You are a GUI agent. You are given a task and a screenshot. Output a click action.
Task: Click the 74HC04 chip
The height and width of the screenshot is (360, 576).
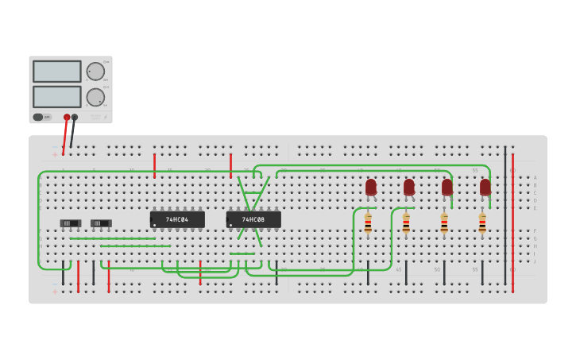point(177,219)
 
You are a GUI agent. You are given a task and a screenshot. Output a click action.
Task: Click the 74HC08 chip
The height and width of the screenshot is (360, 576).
point(253,219)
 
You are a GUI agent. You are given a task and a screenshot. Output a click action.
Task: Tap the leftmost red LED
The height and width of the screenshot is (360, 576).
point(371,188)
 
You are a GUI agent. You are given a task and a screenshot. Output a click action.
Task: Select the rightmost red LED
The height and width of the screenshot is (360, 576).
point(485,188)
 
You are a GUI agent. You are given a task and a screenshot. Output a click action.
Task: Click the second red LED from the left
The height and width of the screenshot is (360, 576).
point(409,188)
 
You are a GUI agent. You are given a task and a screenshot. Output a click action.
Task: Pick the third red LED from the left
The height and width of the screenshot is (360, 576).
point(447,188)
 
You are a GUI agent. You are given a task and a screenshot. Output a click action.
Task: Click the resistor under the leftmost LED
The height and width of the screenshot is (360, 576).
point(368,223)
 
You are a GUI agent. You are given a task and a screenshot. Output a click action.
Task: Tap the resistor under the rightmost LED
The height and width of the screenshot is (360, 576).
point(482,223)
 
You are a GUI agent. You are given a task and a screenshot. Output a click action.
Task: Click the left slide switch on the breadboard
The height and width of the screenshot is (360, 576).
point(71,223)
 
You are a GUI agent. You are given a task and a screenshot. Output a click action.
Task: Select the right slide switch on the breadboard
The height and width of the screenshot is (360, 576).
point(101,223)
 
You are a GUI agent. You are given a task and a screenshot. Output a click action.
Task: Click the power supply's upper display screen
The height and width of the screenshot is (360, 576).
point(56,72)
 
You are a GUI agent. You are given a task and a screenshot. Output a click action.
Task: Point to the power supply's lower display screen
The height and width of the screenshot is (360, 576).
point(56,97)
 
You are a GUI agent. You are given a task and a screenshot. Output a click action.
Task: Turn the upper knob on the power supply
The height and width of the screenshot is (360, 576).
point(95,72)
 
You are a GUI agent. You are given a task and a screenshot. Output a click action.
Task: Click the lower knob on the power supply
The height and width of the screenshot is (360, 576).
point(95,97)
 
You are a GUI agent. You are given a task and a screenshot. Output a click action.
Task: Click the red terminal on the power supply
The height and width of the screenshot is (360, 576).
point(67,117)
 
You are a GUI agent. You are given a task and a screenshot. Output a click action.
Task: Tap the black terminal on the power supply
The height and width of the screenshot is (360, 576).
point(75,117)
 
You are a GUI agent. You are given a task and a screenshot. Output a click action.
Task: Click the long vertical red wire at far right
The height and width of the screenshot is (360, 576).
point(512,223)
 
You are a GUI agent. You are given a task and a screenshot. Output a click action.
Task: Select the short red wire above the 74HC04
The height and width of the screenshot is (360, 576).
point(154,165)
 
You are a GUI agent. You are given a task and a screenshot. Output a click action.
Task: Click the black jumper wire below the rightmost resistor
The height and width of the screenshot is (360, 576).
point(482,273)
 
